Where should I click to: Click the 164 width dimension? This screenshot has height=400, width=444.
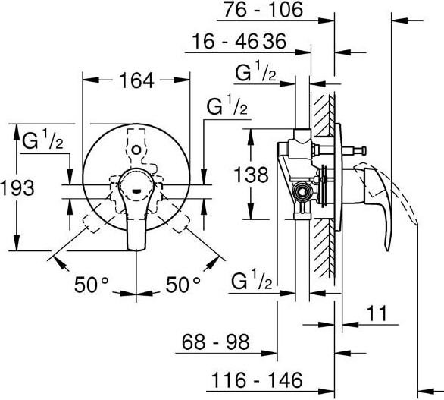(137, 80)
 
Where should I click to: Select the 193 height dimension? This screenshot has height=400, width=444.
(17, 187)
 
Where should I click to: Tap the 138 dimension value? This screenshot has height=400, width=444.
(251, 175)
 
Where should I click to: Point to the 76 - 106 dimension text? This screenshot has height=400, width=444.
(264, 9)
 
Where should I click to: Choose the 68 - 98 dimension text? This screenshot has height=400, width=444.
(215, 342)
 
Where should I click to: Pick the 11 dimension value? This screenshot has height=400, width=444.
(377, 313)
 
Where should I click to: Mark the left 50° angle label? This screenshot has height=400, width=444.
(92, 285)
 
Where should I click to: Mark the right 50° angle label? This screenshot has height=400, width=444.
(183, 285)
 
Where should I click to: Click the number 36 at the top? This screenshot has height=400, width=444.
(275, 42)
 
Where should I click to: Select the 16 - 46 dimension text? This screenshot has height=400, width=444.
(225, 42)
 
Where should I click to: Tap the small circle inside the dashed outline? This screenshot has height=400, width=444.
(136, 150)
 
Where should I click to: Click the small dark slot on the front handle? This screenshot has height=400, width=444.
(136, 191)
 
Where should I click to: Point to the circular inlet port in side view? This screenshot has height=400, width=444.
(302, 192)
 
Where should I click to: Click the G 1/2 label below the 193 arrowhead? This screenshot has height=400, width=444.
(42, 140)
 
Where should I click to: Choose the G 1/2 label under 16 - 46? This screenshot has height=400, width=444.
(255, 71)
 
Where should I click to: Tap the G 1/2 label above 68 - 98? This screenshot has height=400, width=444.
(252, 279)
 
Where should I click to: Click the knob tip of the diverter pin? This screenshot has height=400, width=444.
(364, 150)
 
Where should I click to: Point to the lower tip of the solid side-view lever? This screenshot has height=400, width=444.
(387, 250)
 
